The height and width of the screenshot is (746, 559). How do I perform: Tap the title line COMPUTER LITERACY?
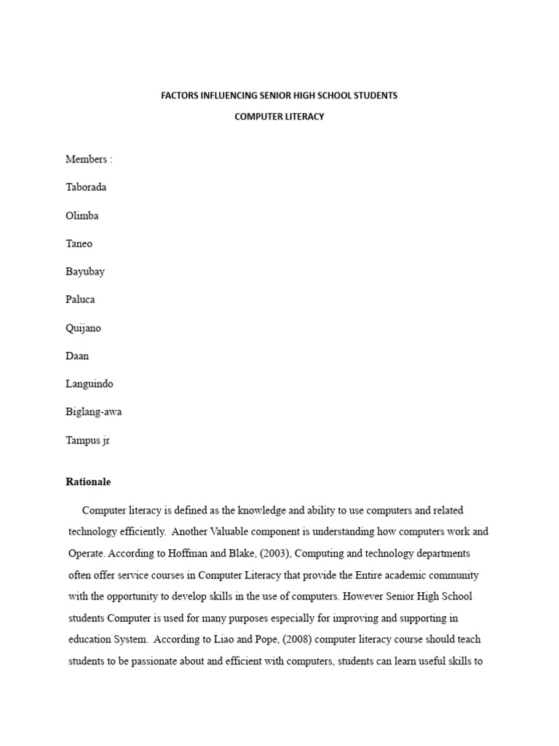pyautogui.click(x=279, y=117)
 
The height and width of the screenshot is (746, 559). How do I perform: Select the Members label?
pyautogui.click(x=89, y=159)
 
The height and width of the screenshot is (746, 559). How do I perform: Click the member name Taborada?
pyautogui.click(x=86, y=187)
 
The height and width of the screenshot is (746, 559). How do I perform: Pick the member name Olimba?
pyautogui.click(x=82, y=216)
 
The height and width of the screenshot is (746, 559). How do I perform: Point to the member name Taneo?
pyautogui.click(x=79, y=243)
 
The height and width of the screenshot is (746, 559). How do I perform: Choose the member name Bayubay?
pyautogui.click(x=85, y=272)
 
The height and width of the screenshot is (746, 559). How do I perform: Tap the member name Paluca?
pyautogui.click(x=80, y=299)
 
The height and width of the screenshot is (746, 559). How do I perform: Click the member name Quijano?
pyautogui.click(x=84, y=328)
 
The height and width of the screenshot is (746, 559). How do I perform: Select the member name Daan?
pyautogui.click(x=77, y=356)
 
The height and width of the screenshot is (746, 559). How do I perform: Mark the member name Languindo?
pyautogui.click(x=90, y=384)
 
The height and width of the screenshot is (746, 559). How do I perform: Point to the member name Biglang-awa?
pyautogui.click(x=94, y=412)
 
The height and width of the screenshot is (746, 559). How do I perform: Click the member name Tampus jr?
pyautogui.click(x=88, y=440)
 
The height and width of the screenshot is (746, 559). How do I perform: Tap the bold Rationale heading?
pyautogui.click(x=88, y=482)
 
